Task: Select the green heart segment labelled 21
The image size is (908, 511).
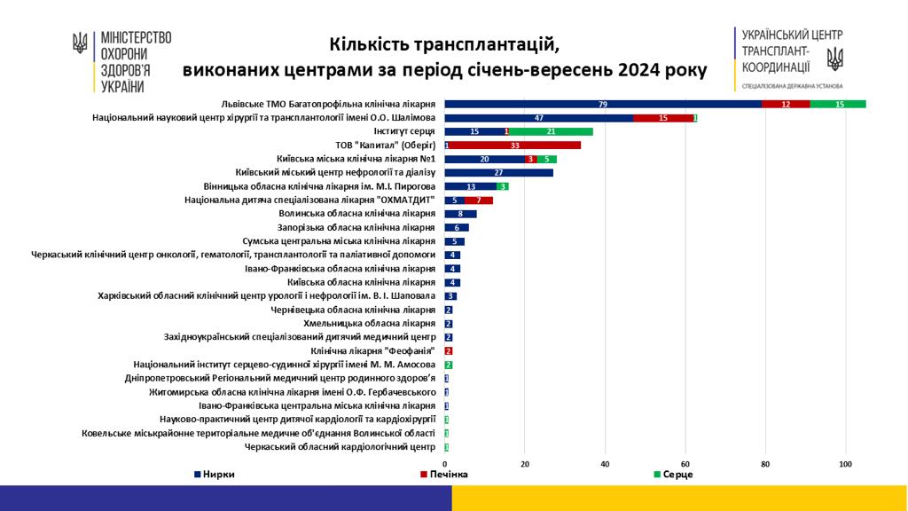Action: pos(552,131)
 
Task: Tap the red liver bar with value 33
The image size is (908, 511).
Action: pos(515,145)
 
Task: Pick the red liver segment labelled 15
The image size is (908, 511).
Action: pos(663,118)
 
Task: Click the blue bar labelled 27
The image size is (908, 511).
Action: pos(499,173)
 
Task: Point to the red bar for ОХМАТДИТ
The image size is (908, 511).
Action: pos(479,200)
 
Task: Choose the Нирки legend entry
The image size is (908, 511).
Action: pos(216,475)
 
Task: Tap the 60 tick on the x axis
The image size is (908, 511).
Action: pos(685,463)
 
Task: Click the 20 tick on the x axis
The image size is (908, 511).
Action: pos(525,463)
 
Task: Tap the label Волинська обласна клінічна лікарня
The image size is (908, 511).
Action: pos(356,214)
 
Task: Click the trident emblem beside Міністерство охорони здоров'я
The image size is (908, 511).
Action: pos(80,43)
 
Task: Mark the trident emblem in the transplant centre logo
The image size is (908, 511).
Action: pos(834,59)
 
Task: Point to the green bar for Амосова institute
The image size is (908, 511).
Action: pos(449,365)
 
